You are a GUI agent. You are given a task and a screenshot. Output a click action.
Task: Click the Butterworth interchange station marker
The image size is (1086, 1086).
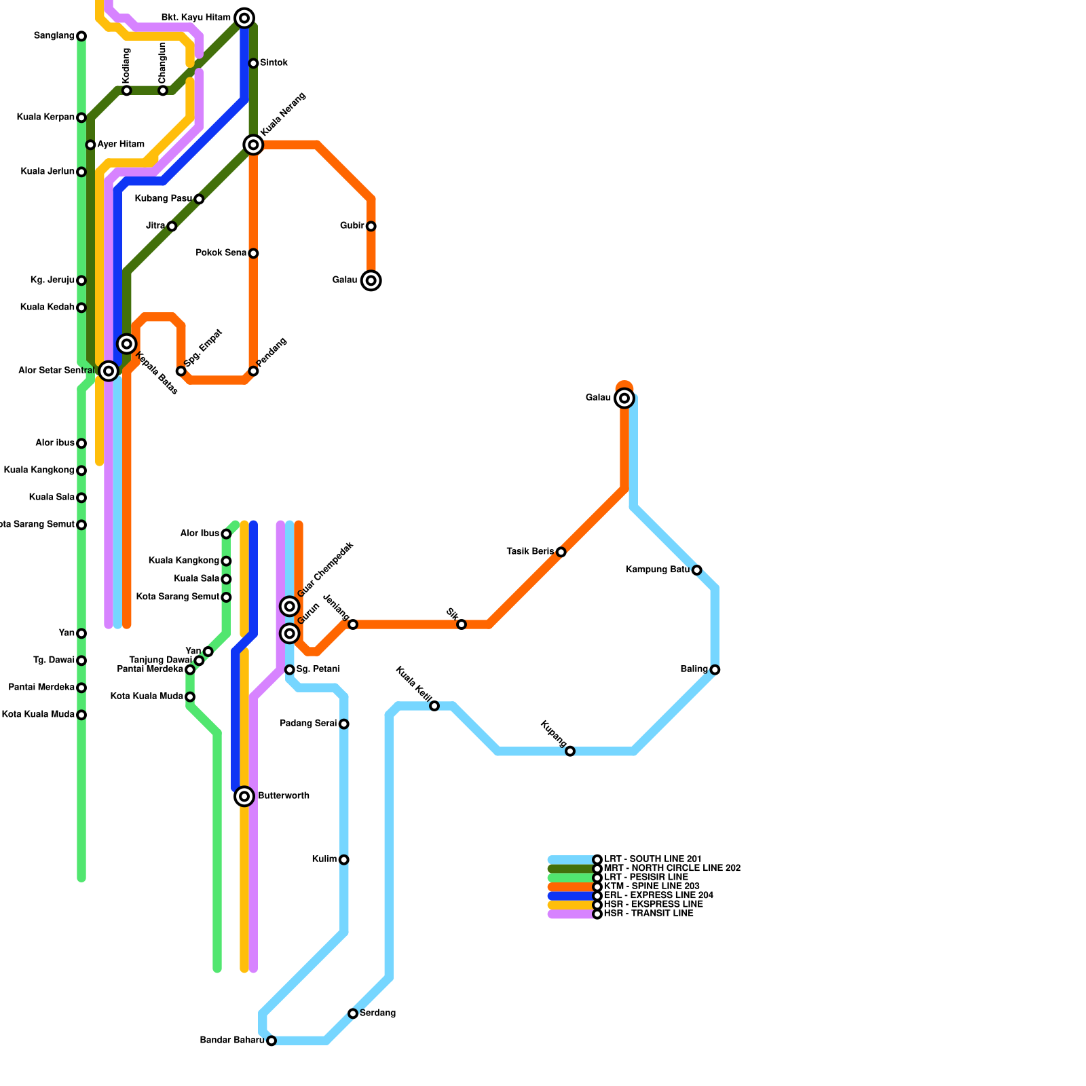[244, 796]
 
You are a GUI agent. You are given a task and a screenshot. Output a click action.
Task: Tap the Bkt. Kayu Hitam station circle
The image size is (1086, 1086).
[244, 18]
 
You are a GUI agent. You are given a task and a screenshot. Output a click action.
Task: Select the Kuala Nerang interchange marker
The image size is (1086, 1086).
[253, 145]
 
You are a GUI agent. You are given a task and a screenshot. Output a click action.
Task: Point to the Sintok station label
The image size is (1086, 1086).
[274, 63]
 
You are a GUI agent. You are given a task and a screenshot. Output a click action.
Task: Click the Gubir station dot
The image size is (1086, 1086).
[371, 226]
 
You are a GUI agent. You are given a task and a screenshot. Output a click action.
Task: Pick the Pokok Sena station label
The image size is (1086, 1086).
[221, 253]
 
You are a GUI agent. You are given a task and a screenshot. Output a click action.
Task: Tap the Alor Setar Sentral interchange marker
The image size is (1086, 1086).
[108, 371]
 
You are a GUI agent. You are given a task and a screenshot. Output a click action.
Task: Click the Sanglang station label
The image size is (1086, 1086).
[54, 36]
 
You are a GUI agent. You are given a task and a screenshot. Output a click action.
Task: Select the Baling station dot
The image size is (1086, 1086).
[715, 670]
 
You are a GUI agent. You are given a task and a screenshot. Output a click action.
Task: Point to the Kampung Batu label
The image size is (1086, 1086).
[657, 570]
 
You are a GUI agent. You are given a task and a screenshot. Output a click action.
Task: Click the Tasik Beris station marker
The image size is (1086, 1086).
[561, 552]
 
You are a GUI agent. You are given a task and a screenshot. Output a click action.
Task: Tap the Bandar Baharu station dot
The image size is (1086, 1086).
[271, 1041]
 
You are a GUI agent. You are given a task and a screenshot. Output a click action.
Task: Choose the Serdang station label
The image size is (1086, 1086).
[377, 1013]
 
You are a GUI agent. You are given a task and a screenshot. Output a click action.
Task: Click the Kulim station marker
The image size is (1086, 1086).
[344, 860]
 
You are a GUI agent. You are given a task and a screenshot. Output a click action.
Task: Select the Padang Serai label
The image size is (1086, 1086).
[308, 724]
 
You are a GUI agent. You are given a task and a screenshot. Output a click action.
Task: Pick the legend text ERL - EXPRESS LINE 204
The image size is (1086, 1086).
[658, 895]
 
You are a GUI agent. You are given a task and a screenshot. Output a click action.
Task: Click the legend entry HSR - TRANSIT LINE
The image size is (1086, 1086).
[648, 914]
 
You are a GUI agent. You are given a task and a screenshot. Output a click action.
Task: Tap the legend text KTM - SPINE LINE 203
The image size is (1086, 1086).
[651, 886]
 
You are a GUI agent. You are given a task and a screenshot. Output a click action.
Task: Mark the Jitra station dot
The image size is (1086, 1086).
[172, 226]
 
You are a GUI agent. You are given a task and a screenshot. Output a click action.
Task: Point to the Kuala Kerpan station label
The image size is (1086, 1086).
[45, 117]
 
